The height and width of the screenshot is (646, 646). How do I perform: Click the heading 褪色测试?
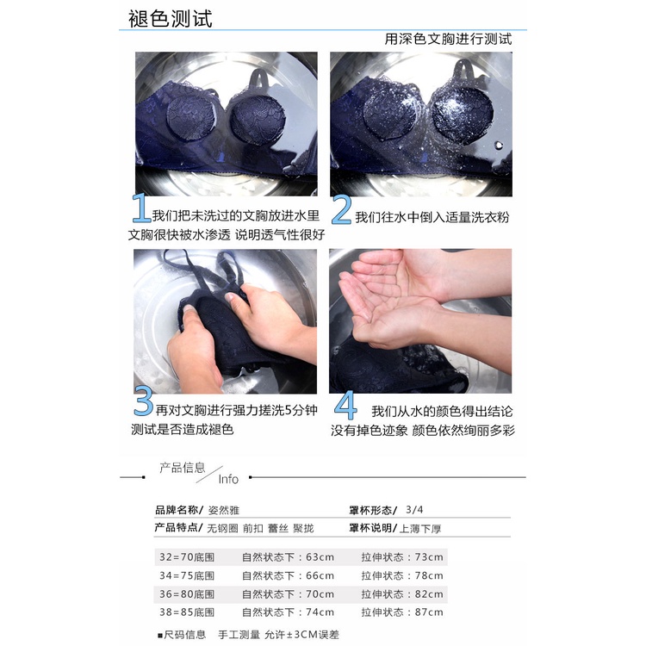click(x=171, y=19)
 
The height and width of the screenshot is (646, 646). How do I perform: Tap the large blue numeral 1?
click(x=141, y=208)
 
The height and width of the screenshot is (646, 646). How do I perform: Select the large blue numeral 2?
click(x=342, y=209)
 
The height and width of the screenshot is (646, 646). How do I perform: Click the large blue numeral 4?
click(x=345, y=405)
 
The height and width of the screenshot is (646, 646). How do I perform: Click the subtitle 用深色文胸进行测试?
click(x=448, y=39)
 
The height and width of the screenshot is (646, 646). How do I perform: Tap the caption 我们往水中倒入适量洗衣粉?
click(x=432, y=217)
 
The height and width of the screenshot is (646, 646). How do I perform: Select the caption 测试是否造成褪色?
click(x=183, y=429)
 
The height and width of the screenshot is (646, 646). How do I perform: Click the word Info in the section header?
click(x=228, y=479)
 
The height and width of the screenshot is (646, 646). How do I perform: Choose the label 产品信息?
click(x=182, y=468)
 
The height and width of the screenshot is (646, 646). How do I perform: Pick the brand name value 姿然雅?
click(x=224, y=511)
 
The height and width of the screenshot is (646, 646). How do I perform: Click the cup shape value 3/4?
click(x=414, y=510)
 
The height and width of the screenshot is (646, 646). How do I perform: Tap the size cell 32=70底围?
click(x=187, y=557)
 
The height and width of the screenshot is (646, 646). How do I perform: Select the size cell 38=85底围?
click(x=187, y=612)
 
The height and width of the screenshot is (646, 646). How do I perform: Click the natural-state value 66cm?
click(x=320, y=575)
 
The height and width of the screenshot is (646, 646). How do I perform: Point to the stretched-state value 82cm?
click(x=429, y=594)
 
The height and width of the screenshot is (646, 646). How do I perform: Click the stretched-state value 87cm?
click(x=429, y=612)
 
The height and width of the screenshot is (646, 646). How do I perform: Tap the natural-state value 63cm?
click(x=320, y=557)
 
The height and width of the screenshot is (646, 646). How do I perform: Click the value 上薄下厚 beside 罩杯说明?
click(x=420, y=529)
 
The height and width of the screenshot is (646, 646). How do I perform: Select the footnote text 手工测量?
click(x=239, y=635)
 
